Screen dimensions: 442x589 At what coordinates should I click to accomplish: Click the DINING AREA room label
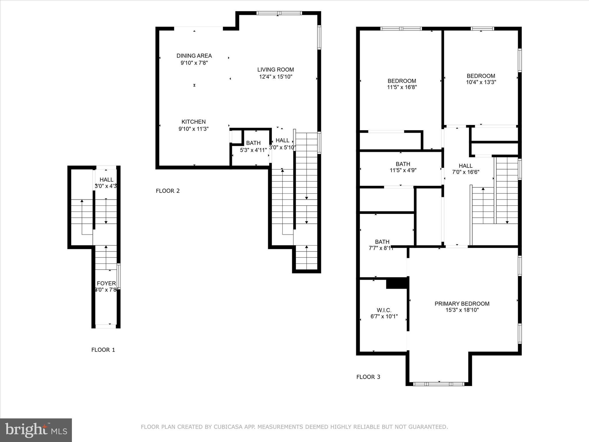[x=194, y=56]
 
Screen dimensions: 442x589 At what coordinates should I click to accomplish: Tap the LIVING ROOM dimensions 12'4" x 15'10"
[x=276, y=77]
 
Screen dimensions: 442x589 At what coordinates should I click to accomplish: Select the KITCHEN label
[x=194, y=122]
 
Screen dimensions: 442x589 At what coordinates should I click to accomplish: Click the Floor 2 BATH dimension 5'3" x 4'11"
[x=253, y=150]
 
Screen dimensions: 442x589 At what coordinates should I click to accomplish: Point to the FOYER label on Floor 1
[x=106, y=283]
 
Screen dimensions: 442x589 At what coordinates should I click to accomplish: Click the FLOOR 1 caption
[x=103, y=350]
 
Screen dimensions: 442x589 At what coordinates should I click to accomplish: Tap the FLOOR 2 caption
[x=168, y=191]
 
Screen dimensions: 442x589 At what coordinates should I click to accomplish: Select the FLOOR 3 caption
[x=368, y=377]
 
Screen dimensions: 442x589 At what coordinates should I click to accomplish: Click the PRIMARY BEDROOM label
[x=462, y=304]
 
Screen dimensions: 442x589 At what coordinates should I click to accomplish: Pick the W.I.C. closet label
[x=384, y=310]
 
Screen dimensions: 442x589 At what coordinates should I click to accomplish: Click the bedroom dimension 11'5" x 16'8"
[x=402, y=87]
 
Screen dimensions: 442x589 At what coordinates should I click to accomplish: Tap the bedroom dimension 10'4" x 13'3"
[x=481, y=82]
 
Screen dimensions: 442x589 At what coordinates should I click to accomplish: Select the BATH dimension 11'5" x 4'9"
[x=403, y=170]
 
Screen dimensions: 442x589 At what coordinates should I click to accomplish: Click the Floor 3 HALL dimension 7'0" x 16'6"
[x=465, y=172]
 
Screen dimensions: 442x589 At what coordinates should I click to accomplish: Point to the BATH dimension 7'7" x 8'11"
[x=381, y=248]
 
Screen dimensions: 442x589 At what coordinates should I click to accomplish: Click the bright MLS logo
[x=36, y=430]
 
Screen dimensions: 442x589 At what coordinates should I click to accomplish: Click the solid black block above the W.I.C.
[x=397, y=283]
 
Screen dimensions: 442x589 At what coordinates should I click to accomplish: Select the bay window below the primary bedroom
[x=439, y=384]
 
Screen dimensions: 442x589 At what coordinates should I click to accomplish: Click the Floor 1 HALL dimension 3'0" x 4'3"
[x=106, y=186]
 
